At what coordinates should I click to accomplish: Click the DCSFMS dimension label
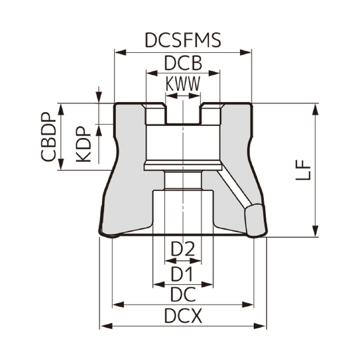[183, 40]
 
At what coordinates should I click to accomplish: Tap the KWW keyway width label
[183, 85]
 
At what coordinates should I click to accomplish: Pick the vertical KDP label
[84, 144]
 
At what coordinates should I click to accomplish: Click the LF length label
[304, 170]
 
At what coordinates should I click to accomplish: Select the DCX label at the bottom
[183, 316]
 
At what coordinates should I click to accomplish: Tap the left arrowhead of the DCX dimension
[104, 326]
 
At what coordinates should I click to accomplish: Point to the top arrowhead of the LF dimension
[314, 107]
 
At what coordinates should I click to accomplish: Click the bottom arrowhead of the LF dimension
[314, 233]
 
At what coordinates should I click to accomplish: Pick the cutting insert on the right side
[254, 220]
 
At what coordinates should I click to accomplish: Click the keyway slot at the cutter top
[183, 114]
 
